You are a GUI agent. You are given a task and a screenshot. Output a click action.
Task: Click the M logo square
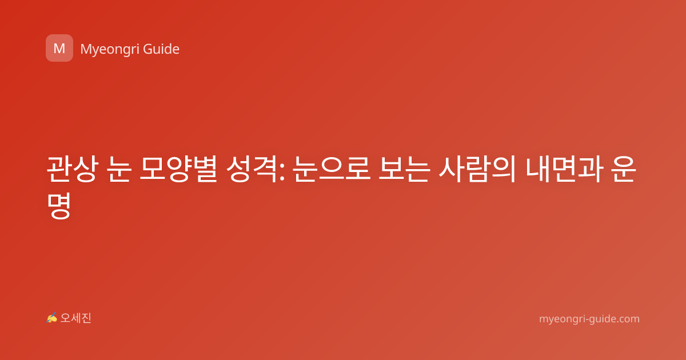59,48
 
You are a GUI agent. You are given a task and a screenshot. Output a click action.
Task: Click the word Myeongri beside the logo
110,49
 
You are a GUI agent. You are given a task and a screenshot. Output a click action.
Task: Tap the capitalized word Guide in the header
161,49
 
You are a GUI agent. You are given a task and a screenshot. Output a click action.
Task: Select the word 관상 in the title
73,169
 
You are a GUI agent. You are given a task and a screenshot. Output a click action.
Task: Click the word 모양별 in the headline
178,169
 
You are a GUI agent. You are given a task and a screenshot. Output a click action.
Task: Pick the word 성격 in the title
252,169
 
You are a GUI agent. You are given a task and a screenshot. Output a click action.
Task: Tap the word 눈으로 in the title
332,169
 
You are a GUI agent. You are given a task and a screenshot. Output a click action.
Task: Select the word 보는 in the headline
404,169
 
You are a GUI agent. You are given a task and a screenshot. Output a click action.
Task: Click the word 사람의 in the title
478,169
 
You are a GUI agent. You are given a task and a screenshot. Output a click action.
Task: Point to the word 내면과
565,169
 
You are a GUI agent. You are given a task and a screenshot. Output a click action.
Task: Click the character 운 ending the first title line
624,169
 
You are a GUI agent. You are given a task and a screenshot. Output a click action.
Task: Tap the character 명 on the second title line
59,206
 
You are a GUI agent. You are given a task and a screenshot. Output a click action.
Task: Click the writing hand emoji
51,318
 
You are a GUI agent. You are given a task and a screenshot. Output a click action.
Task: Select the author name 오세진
75,318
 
